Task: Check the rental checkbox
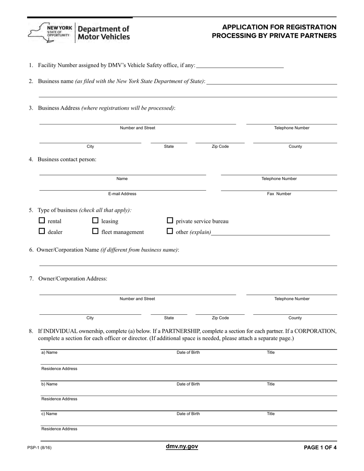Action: pos(42,221)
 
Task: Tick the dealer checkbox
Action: pos(42,231)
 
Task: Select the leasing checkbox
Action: pos(96,221)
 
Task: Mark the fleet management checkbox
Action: pos(96,231)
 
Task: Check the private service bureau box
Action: pos(170,221)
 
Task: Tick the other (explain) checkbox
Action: pos(170,231)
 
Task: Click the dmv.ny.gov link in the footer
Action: pos(182,446)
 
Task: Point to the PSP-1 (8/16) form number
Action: pos(39,447)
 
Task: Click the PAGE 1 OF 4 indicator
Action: pos(320,447)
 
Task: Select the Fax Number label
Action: pos(279,194)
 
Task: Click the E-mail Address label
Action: pos(122,194)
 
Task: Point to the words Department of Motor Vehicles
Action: pos(104,33)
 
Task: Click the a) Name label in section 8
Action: pos(49,352)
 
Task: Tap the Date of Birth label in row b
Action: pos(188,384)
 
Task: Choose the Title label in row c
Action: pos(271,414)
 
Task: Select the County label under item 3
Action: pos(295,146)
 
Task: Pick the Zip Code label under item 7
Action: pos(220,318)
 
